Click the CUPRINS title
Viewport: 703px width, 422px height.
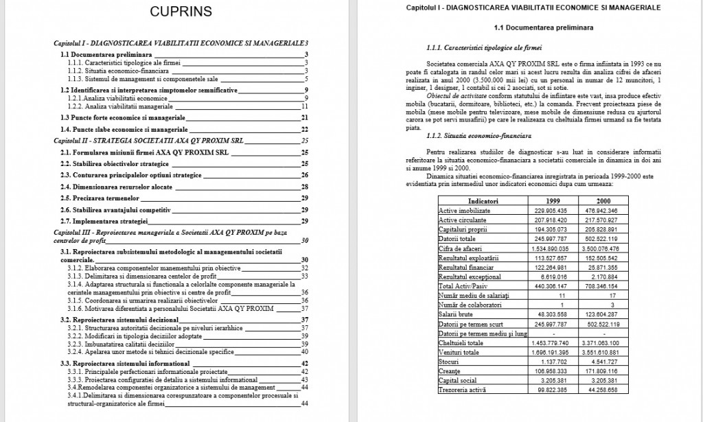coord(181,12)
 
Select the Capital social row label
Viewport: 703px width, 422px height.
coord(459,380)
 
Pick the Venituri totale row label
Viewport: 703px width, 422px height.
coord(460,351)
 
